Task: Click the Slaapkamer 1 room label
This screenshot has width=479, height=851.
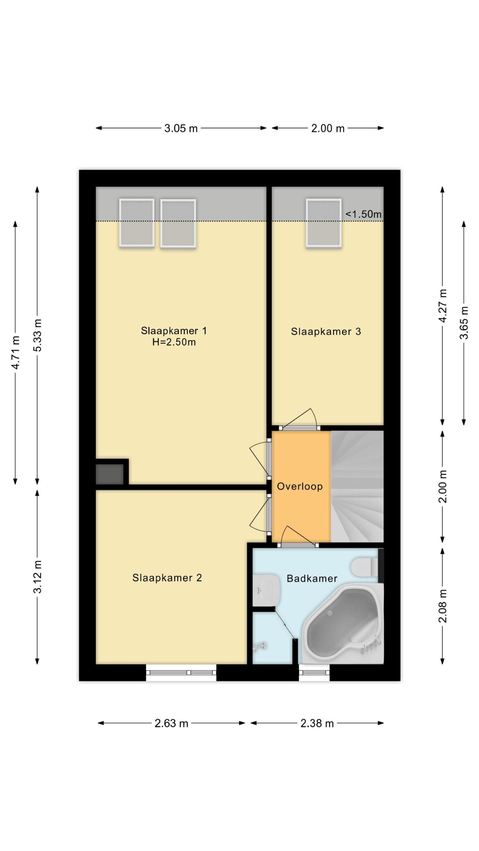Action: (174, 331)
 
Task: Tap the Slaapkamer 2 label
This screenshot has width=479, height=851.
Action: (167, 578)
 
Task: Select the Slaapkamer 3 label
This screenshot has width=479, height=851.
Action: (326, 331)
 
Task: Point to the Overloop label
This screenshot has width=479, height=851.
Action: (300, 486)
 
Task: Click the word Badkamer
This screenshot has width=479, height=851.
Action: (312, 578)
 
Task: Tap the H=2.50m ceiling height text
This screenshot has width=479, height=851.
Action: (174, 342)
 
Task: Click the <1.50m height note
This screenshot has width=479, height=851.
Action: (363, 214)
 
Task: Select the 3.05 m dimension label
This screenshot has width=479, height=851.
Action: (181, 128)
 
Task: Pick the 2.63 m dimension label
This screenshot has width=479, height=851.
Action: (171, 723)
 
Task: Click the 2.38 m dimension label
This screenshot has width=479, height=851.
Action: (317, 723)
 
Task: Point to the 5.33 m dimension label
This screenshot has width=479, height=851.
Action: (37, 335)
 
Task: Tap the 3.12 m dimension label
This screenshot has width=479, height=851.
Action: (37, 576)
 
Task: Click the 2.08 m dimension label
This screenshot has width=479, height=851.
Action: (442, 606)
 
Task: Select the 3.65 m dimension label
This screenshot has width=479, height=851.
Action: (464, 322)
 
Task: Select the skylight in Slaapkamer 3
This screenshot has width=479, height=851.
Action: (324, 223)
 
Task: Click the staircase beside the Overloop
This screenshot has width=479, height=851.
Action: (357, 487)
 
